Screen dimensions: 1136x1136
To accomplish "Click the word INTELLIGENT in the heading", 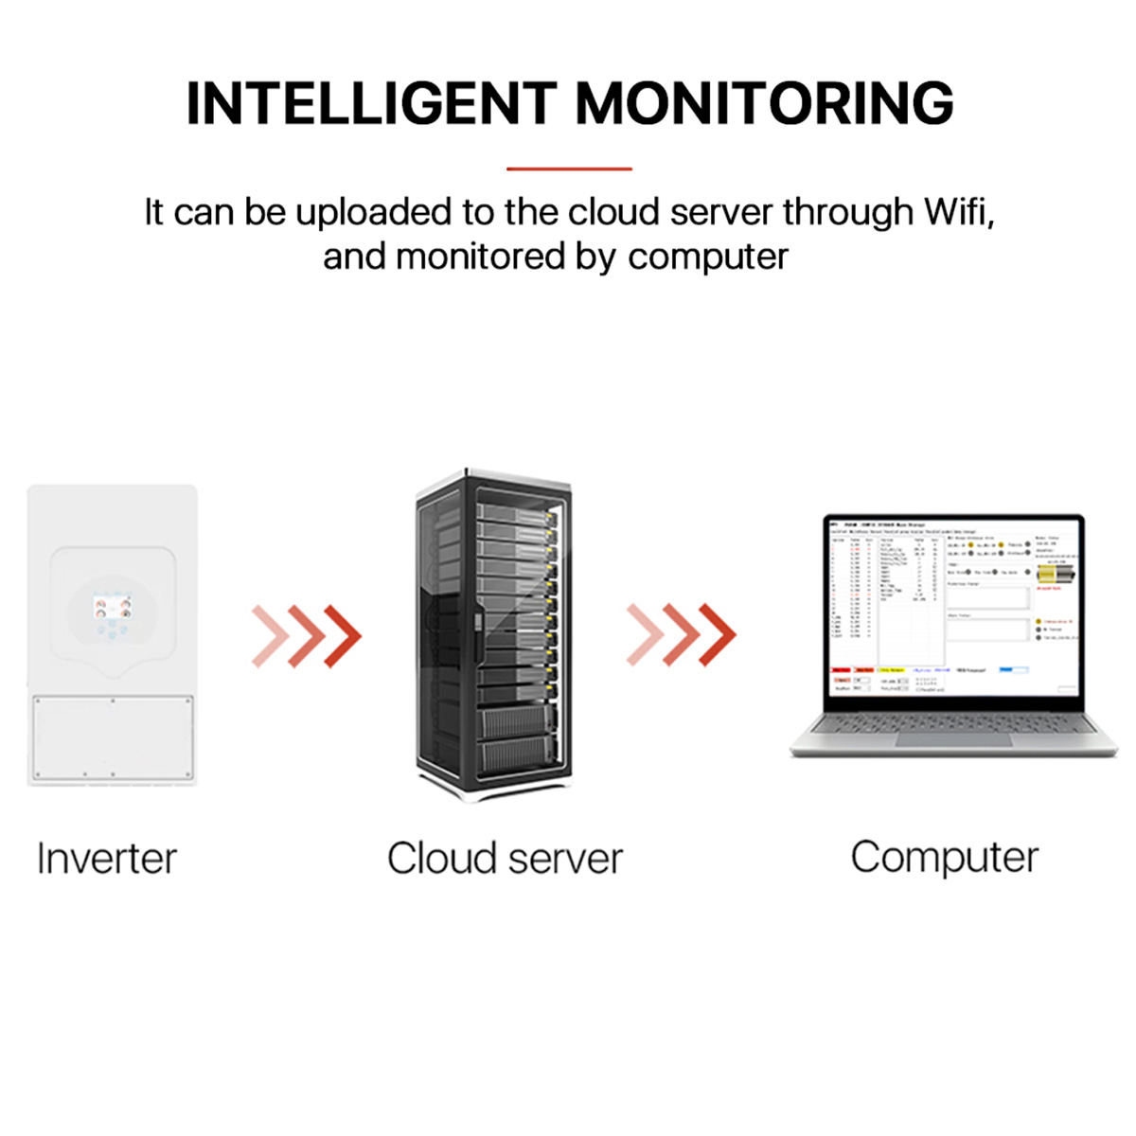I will tap(371, 103).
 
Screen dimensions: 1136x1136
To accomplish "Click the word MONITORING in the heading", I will tap(765, 103).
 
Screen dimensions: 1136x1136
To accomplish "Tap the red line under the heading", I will tap(569, 169).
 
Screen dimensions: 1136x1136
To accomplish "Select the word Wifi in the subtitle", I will tap(958, 212).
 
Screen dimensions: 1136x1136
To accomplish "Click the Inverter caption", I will tap(106, 859).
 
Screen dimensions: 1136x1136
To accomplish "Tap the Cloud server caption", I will tap(505, 859).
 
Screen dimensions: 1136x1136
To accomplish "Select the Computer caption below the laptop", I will tap(944, 857).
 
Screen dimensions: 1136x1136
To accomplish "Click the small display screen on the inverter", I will tap(112, 606).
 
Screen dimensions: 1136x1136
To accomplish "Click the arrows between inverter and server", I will tap(307, 635).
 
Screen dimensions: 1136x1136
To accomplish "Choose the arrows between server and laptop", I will tap(682, 633).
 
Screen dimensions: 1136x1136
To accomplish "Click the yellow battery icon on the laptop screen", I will tap(1052, 574).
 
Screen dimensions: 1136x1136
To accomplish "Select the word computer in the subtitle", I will tap(708, 257).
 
